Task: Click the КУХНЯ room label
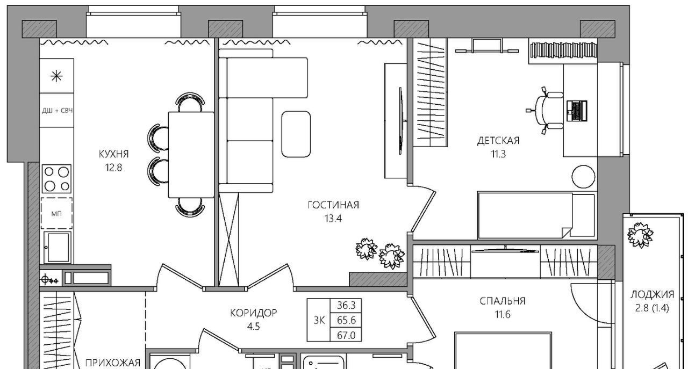point(113,154)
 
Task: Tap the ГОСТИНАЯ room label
point(333,205)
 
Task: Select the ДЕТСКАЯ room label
point(498,141)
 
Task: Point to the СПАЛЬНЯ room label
point(503,301)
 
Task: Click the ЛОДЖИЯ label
point(653,295)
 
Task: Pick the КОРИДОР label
point(254,313)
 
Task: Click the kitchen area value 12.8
point(113,168)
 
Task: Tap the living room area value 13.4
point(333,219)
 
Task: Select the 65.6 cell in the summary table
point(346,320)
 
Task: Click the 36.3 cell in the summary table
point(346,306)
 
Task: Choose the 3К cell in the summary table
point(319,320)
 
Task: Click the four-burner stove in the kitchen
point(57,179)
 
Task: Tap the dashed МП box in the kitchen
point(57,213)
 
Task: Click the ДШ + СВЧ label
point(57,111)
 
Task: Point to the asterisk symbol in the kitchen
point(57,76)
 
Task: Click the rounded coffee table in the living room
point(296,134)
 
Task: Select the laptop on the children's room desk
point(577,111)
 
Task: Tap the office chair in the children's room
point(547,111)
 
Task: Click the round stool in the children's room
point(583,177)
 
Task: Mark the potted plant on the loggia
point(640,235)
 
